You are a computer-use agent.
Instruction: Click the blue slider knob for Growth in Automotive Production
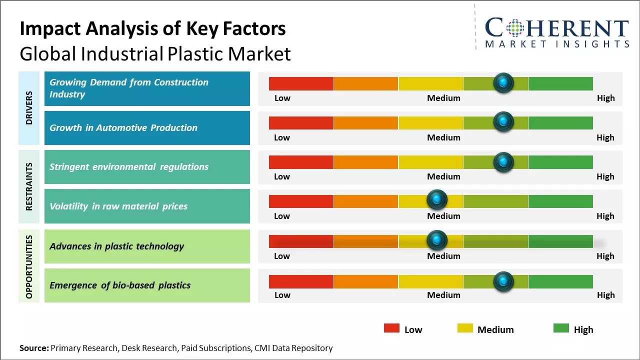pyautogui.click(x=503, y=121)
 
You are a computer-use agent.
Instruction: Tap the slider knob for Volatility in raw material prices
pyautogui.click(x=437, y=200)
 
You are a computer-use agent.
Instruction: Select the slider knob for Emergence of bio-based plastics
pyautogui.click(x=503, y=281)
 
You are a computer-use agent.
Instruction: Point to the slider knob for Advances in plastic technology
pyautogui.click(x=437, y=240)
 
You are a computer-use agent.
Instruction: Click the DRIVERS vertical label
pyautogui.click(x=29, y=108)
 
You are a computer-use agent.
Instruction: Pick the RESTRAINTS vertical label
pyautogui.click(x=29, y=186)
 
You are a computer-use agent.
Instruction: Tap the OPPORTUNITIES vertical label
pyautogui.click(x=29, y=266)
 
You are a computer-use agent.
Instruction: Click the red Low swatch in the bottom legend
pyautogui.click(x=391, y=328)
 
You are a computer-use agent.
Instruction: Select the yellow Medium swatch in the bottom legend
pyautogui.click(x=465, y=328)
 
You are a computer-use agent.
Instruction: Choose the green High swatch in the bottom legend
pyautogui.click(x=561, y=328)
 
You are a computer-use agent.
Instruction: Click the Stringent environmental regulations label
pyautogui.click(x=129, y=167)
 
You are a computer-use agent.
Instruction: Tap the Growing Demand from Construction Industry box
pyautogui.click(x=147, y=88)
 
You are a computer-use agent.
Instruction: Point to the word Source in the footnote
pyautogui.click(x=34, y=348)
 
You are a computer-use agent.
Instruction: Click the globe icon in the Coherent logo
pyautogui.click(x=515, y=27)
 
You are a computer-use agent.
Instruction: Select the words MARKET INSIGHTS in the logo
pyautogui.click(x=557, y=44)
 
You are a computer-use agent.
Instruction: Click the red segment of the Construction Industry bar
pyautogui.click(x=301, y=83)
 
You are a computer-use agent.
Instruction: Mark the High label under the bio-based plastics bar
pyautogui.click(x=605, y=295)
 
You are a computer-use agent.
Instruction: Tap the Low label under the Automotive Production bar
pyautogui.click(x=282, y=137)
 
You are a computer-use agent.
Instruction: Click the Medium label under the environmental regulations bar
pyautogui.click(x=443, y=176)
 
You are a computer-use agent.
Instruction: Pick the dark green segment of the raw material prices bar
pyautogui.click(x=560, y=201)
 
